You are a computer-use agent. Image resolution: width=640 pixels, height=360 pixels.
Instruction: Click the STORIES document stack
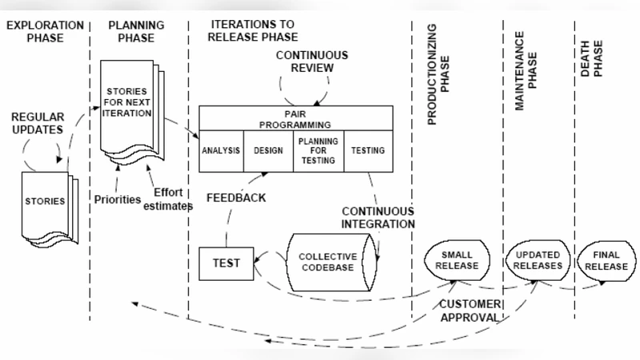coord(45,202)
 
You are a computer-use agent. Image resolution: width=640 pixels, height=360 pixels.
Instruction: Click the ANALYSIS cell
coord(222,150)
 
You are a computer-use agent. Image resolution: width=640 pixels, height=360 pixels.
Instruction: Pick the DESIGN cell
coord(269,150)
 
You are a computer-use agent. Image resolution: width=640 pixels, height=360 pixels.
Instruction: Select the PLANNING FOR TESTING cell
coord(318,150)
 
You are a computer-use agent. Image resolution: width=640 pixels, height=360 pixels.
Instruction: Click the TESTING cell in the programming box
coord(368,150)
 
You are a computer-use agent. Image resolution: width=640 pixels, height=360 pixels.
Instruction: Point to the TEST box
coord(225,262)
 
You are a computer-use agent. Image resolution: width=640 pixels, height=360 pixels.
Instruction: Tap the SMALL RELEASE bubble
coord(456,260)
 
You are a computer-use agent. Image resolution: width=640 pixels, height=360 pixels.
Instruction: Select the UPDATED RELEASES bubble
coord(533,260)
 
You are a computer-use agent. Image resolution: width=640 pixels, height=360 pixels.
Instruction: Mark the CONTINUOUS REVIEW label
coord(312,61)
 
